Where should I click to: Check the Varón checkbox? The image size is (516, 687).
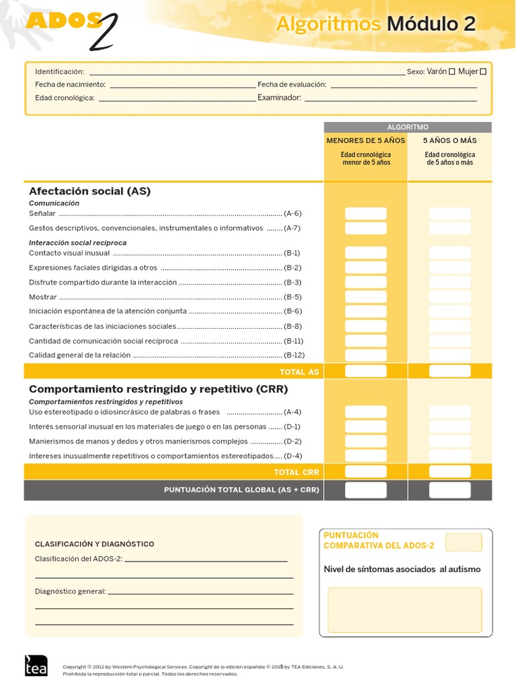click(451, 72)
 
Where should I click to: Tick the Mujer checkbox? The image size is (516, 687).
click(483, 72)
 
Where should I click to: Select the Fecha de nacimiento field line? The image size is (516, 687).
click(182, 87)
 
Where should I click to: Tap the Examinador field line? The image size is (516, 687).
click(390, 99)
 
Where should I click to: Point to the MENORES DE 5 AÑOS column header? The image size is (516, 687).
click(365, 141)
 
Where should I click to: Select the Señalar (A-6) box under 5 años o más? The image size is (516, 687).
click(449, 213)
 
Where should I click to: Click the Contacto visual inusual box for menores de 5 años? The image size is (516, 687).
click(365, 253)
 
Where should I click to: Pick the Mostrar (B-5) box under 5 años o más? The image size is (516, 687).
click(449, 297)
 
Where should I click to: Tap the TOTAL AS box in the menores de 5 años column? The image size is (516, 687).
click(365, 371)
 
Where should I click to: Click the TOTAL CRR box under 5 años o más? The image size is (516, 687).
click(449, 472)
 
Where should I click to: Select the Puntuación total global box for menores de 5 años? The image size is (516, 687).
click(365, 490)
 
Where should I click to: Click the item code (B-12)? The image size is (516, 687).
click(294, 355)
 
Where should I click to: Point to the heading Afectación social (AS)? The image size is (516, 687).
click(90, 191)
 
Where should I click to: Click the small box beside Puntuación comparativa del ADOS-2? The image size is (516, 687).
click(464, 542)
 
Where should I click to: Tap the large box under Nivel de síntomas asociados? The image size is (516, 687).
click(404, 609)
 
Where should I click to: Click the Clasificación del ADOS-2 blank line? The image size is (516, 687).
click(206, 560)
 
